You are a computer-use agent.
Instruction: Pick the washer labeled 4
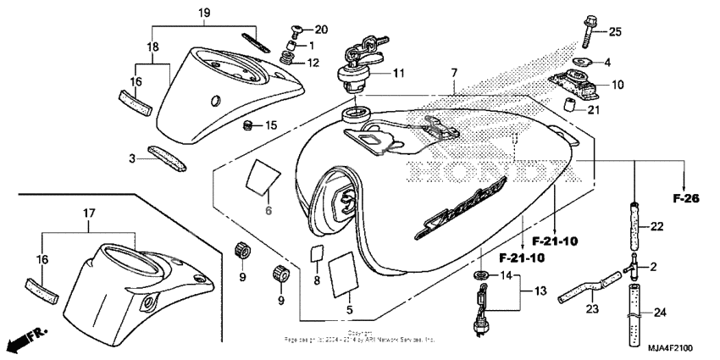pyautogui.click(x=581, y=62)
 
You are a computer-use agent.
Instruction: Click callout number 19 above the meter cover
pyautogui.click(x=203, y=12)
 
